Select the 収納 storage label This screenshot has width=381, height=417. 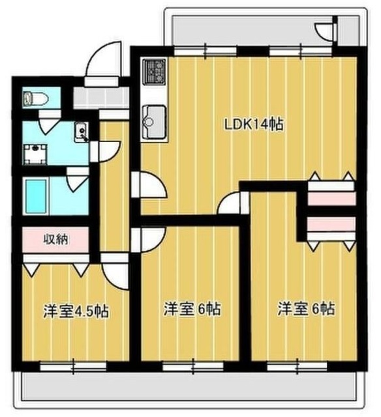(x=57, y=238)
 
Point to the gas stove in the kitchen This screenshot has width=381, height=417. (x=157, y=71)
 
